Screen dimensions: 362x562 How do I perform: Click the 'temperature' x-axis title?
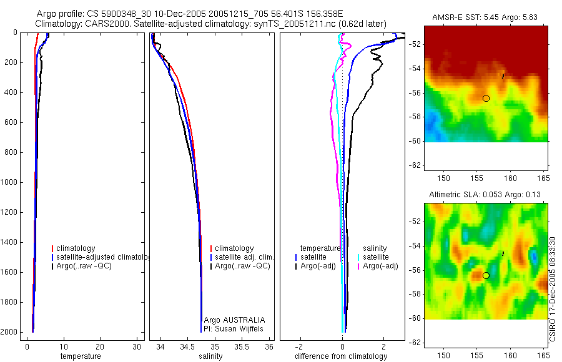click(80, 356)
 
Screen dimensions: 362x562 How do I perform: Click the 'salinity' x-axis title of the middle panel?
click(210, 356)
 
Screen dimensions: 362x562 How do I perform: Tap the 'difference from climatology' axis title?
click(341, 356)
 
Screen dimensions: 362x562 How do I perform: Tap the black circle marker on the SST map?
click(486, 98)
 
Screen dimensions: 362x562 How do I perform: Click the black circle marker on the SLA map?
click(486, 275)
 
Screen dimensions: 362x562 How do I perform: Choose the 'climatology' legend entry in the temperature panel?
click(76, 248)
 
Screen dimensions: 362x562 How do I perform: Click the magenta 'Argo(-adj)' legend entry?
click(380, 266)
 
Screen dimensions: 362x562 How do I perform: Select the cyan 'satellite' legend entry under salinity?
click(376, 257)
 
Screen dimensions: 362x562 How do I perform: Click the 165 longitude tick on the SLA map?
click(543, 355)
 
